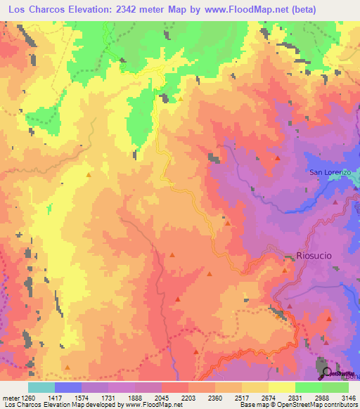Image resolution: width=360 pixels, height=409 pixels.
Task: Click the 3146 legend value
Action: pyautogui.click(x=347, y=398)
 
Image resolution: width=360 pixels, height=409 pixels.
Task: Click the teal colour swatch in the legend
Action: pyautogui.click(x=41, y=387)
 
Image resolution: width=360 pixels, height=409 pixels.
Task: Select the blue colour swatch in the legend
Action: pyautogui.click(x=68, y=387)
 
